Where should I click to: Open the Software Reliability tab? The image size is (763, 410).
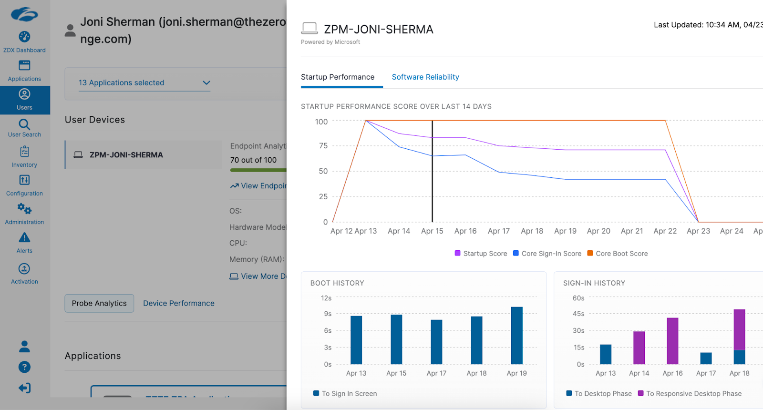tap(425, 77)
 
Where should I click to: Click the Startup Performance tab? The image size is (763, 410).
tap(338, 77)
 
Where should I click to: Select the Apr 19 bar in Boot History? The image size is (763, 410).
tap(516, 336)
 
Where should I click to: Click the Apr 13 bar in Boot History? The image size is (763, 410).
tap(356, 340)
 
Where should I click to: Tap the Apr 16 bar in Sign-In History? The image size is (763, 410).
tap(672, 341)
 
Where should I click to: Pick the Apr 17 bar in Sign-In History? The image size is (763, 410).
tap(706, 358)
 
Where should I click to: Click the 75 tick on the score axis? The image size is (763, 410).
tap(323, 146)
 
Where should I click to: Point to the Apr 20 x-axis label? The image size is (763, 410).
tap(598, 231)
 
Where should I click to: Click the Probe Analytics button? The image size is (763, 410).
tap(99, 303)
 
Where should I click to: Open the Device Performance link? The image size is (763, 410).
tap(179, 303)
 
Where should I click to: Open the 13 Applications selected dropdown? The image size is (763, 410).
tap(144, 82)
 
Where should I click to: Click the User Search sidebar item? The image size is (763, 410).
tap(24, 128)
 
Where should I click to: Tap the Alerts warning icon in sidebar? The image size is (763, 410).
tap(24, 237)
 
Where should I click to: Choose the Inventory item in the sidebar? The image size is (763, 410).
tap(24, 157)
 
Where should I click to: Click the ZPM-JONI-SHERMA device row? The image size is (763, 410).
tap(143, 155)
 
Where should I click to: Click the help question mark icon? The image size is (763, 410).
tap(24, 367)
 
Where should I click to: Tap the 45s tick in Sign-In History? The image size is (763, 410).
tap(578, 314)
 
